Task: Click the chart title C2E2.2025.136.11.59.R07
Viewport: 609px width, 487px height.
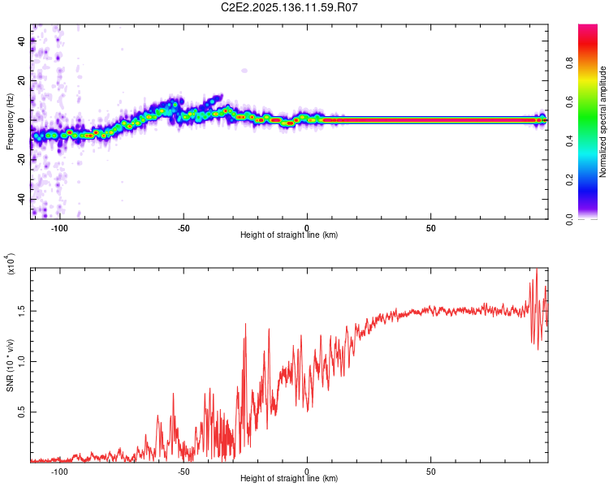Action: [x=290, y=8]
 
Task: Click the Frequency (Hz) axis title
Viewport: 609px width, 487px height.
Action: [x=10, y=122]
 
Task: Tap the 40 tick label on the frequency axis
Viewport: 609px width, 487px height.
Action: [x=22, y=41]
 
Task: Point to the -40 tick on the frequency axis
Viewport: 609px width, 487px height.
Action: [x=20, y=200]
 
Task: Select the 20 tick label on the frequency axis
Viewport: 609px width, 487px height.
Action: [x=22, y=81]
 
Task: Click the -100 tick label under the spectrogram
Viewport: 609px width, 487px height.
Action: [x=59, y=228]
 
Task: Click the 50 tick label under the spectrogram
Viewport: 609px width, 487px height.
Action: [x=431, y=228]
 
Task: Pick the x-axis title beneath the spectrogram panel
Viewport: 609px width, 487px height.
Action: [x=289, y=235]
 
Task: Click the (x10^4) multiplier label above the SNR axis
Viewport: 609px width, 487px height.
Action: [x=10, y=264]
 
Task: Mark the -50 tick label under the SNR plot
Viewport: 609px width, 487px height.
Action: [x=183, y=472]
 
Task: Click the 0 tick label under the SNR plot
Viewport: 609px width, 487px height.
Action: [x=307, y=472]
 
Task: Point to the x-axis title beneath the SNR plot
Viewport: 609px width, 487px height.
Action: [x=289, y=479]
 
